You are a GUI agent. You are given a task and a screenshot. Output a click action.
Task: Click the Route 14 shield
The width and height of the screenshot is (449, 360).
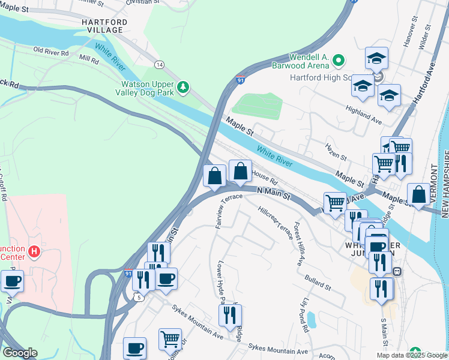[x=159, y=64]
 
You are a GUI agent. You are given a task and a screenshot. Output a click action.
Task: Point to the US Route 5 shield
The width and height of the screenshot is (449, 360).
[x=140, y=296]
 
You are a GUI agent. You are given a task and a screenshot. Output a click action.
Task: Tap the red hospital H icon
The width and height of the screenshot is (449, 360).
[x=34, y=251]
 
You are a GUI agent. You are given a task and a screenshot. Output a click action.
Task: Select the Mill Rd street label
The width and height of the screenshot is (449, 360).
[x=88, y=60]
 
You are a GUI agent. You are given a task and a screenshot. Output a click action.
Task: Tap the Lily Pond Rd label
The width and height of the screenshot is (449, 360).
[x=306, y=314]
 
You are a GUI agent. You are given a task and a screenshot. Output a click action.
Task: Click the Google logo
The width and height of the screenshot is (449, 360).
[x=20, y=353]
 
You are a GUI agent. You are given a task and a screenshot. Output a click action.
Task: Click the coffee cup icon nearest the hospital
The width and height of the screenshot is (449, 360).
[x=12, y=281]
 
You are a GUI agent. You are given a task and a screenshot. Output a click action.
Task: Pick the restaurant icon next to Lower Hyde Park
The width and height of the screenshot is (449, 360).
[x=230, y=314]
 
